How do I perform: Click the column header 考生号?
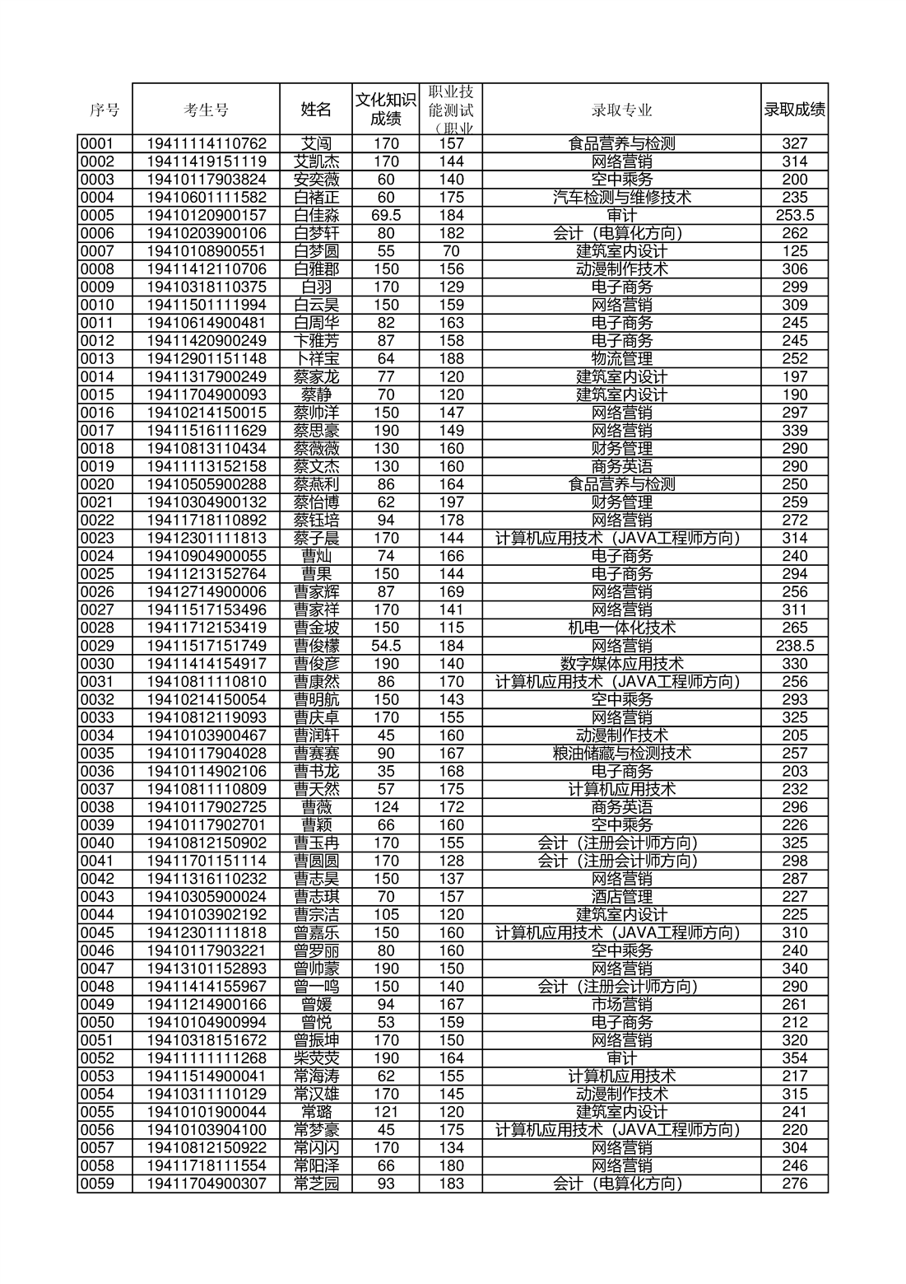[x=206, y=110]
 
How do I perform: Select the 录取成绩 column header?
[x=794, y=110]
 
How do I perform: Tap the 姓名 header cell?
[x=316, y=110]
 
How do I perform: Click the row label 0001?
[x=96, y=143]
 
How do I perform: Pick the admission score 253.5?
[x=794, y=215]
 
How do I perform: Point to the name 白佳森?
[x=316, y=215]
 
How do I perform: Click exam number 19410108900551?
[x=206, y=251]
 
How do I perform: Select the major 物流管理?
[x=621, y=359]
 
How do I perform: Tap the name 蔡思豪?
[x=316, y=431]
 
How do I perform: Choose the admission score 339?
[x=794, y=431]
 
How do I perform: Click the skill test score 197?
[x=451, y=502]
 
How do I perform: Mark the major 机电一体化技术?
[x=621, y=628]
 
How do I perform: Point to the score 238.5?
[x=794, y=646]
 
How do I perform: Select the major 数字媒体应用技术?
[x=621, y=664]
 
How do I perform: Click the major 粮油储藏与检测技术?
[x=621, y=754]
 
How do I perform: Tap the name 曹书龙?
[x=316, y=772]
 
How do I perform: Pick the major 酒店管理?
[x=621, y=897]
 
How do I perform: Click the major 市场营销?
[x=621, y=1005]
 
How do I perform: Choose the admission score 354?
[x=794, y=1058]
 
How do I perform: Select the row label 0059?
[x=96, y=1184]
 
